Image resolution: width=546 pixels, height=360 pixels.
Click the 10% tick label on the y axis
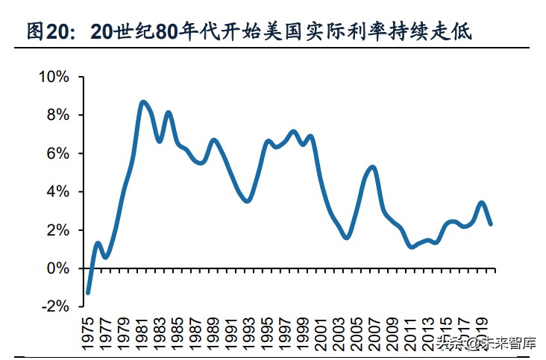[54, 77]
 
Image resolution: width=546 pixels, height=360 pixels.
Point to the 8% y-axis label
[57, 115]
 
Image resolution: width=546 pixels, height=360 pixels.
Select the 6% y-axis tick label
[57, 154]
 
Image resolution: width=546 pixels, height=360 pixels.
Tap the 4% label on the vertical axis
[57, 192]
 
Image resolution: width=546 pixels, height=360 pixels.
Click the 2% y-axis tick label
[57, 230]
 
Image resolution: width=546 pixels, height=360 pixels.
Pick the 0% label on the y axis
[57, 268]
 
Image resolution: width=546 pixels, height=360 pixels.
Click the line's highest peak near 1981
[142, 102]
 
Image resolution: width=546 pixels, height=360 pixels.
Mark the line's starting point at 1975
[88, 293]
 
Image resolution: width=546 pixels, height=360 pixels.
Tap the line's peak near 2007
[373, 167]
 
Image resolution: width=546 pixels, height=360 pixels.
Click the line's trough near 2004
[346, 237]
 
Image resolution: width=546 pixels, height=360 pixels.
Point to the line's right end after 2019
[491, 224]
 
